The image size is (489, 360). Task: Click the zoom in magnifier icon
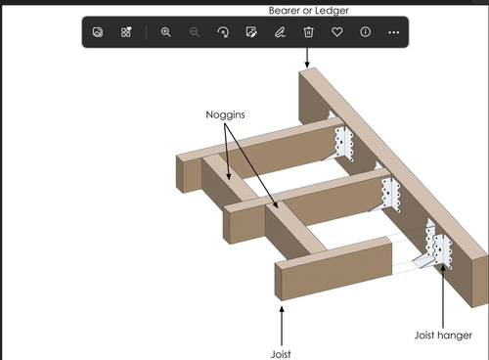(x=166, y=32)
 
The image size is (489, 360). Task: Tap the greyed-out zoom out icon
(x=195, y=32)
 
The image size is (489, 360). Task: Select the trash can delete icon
(x=308, y=32)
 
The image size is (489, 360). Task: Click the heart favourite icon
(x=336, y=32)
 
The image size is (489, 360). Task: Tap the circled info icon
(x=365, y=32)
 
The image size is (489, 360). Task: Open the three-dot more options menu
(x=393, y=32)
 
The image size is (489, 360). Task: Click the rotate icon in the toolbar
(x=223, y=32)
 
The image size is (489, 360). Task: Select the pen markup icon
(x=280, y=32)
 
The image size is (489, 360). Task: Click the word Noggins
(x=225, y=114)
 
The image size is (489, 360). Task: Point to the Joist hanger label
(x=443, y=336)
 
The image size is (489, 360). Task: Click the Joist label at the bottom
(x=281, y=354)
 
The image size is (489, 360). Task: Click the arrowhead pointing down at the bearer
(x=307, y=65)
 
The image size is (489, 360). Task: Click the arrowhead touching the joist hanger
(x=443, y=269)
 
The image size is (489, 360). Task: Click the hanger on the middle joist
(x=388, y=194)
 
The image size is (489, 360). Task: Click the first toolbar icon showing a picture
(x=98, y=32)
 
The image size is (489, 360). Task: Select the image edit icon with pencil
(x=251, y=32)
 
